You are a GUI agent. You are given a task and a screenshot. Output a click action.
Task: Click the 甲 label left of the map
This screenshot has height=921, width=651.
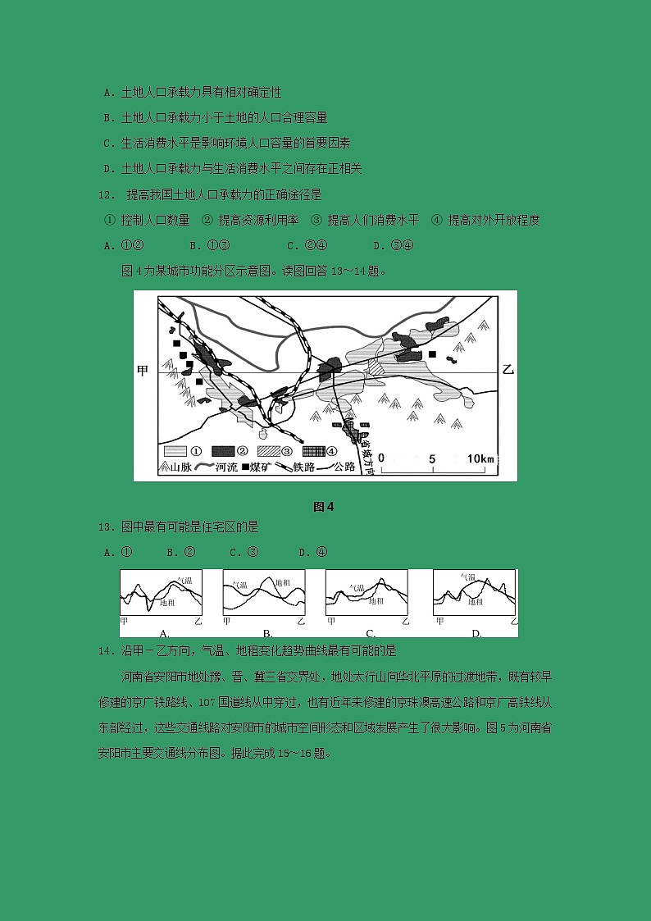pos(143,371)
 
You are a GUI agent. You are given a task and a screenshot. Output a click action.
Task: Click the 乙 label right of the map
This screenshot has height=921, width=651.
pos(507,371)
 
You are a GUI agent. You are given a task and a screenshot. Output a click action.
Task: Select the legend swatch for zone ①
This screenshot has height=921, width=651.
pos(175,451)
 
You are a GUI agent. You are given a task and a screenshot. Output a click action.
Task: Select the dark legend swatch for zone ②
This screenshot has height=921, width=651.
pos(222,451)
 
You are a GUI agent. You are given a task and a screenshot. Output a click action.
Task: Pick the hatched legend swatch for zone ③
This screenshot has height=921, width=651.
pos(268,451)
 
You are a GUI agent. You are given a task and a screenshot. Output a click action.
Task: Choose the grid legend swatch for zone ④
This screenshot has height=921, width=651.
pos(314,451)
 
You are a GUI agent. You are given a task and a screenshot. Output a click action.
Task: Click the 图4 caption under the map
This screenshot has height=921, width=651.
pos(324,506)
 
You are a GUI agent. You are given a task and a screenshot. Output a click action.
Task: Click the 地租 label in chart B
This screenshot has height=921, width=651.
pos(282,582)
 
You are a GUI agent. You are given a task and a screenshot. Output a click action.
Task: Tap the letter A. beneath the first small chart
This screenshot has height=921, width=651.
pos(164,633)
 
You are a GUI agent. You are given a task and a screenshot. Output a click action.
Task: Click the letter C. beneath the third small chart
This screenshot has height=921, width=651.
pos(371,633)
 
